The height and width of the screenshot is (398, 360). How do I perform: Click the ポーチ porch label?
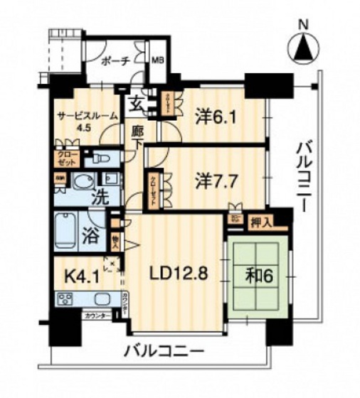pos(115,62)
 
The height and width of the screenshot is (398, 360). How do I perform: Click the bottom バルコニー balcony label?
pos(164,351)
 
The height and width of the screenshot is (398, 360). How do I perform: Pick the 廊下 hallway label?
pos(138,136)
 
